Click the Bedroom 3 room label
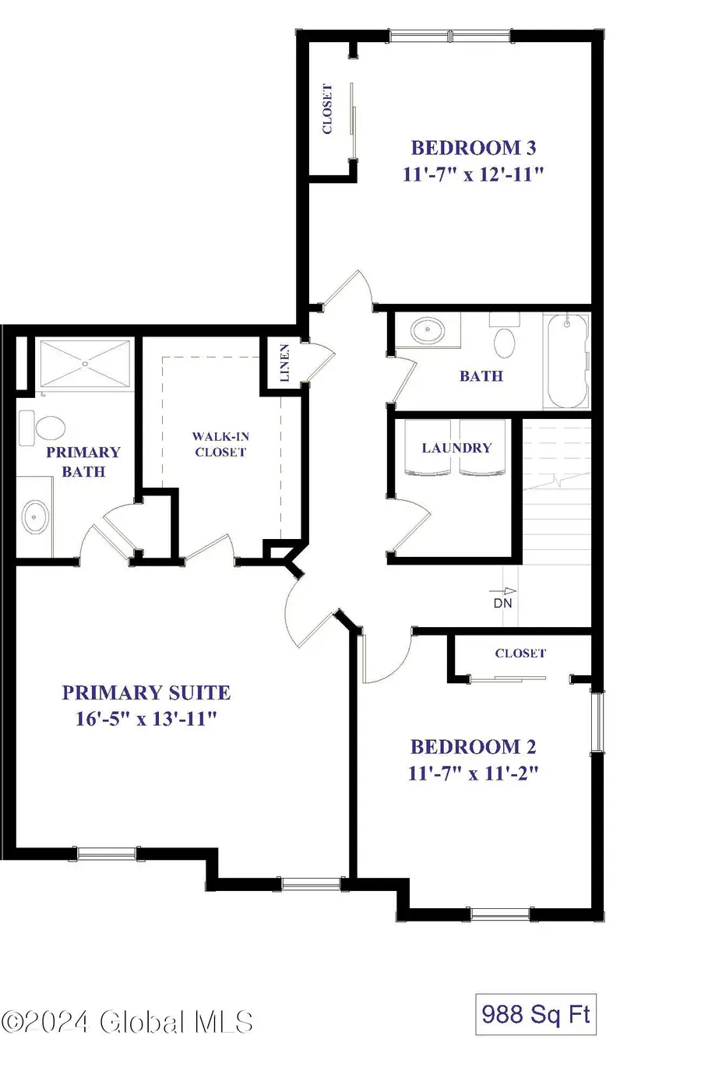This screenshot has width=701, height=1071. (473, 147)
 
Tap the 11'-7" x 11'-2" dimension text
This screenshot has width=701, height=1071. (473, 773)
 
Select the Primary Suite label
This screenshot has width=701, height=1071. (146, 692)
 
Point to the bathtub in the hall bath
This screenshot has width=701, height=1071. (567, 361)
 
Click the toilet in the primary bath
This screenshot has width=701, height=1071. (46, 426)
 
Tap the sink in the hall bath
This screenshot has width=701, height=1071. (426, 330)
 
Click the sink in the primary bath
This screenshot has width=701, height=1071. (34, 516)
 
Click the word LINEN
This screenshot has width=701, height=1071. (285, 363)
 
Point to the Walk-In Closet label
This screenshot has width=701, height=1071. (220, 444)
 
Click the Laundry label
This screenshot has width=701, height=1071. (456, 448)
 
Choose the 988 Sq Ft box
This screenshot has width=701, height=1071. (535, 1014)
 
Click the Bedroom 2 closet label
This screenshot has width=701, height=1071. (520, 654)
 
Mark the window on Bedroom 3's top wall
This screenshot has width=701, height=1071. (450, 36)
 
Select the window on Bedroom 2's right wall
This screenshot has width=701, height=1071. (597, 723)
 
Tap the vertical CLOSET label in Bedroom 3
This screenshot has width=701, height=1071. (328, 109)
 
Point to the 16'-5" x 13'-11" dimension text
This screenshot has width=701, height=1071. (146, 719)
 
